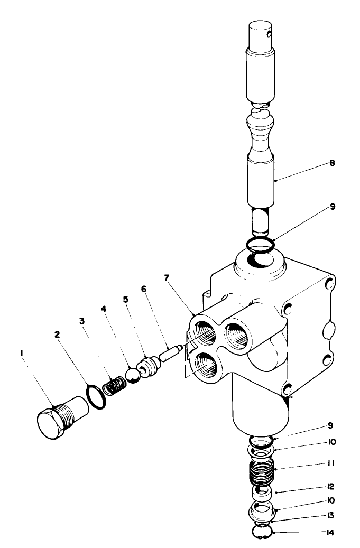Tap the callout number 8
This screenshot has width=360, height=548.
332,163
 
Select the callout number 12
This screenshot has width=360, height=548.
332,485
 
